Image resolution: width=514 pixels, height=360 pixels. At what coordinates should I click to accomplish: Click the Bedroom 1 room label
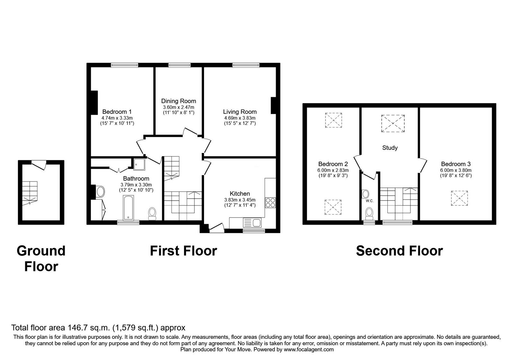click(117, 112)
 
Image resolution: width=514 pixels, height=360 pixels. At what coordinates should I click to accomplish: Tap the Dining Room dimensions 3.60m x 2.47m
click(179, 107)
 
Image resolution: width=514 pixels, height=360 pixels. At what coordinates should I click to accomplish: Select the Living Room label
click(240, 112)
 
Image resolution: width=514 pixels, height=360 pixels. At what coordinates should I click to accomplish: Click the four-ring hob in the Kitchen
click(270, 203)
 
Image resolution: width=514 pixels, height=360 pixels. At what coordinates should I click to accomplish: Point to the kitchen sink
click(252, 223)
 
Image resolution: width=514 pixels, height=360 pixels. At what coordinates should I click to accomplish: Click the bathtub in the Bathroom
click(128, 208)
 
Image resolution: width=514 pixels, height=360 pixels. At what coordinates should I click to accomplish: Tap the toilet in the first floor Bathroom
click(152, 214)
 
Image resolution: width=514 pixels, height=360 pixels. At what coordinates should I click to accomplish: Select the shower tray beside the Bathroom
click(139, 164)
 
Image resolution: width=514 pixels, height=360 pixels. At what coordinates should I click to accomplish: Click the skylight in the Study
click(393, 123)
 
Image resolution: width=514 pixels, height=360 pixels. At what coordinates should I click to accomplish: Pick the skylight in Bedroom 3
click(459, 198)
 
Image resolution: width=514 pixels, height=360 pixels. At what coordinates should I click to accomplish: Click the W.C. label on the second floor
click(370, 201)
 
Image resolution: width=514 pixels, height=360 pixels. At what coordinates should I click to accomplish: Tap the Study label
click(390, 148)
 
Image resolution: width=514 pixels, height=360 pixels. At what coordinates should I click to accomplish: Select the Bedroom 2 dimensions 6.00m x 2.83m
click(333, 170)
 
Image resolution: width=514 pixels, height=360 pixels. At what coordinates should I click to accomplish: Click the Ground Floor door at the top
click(39, 165)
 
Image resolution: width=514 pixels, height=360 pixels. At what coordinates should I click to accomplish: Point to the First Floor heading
click(183, 251)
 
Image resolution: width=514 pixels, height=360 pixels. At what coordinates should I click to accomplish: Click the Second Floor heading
click(400, 251)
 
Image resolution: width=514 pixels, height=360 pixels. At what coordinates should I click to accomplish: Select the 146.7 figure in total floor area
click(77, 328)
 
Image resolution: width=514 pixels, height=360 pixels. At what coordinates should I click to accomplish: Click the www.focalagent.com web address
click(309, 350)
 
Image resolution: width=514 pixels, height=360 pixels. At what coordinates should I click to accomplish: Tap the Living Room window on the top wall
click(246, 65)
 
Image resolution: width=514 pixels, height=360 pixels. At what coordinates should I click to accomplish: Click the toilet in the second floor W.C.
click(369, 214)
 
